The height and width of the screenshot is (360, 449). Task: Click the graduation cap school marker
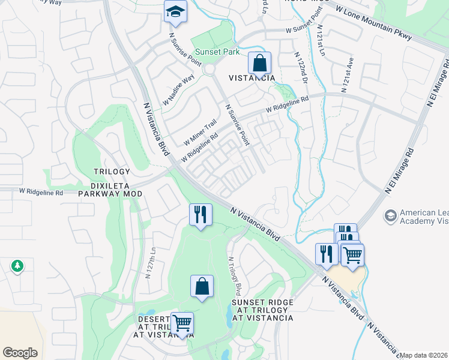(x=175, y=12)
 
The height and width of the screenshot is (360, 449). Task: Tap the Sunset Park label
(x=215, y=52)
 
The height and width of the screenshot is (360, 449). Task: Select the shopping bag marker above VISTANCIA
(x=259, y=62)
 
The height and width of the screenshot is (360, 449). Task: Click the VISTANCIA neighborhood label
(x=252, y=79)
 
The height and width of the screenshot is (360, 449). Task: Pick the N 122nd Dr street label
(x=301, y=67)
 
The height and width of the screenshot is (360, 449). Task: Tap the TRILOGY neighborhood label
(x=112, y=172)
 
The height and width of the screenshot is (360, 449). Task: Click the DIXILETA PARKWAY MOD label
(x=111, y=194)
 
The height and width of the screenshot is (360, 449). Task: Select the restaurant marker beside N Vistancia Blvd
(x=200, y=214)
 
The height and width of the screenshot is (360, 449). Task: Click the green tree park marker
(x=17, y=265)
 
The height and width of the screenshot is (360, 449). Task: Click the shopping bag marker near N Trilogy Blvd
(x=202, y=286)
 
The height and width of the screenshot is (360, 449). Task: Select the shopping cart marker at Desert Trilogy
(x=182, y=323)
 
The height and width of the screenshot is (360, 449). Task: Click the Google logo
(x=20, y=353)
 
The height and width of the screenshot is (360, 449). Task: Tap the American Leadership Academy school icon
(x=391, y=215)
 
